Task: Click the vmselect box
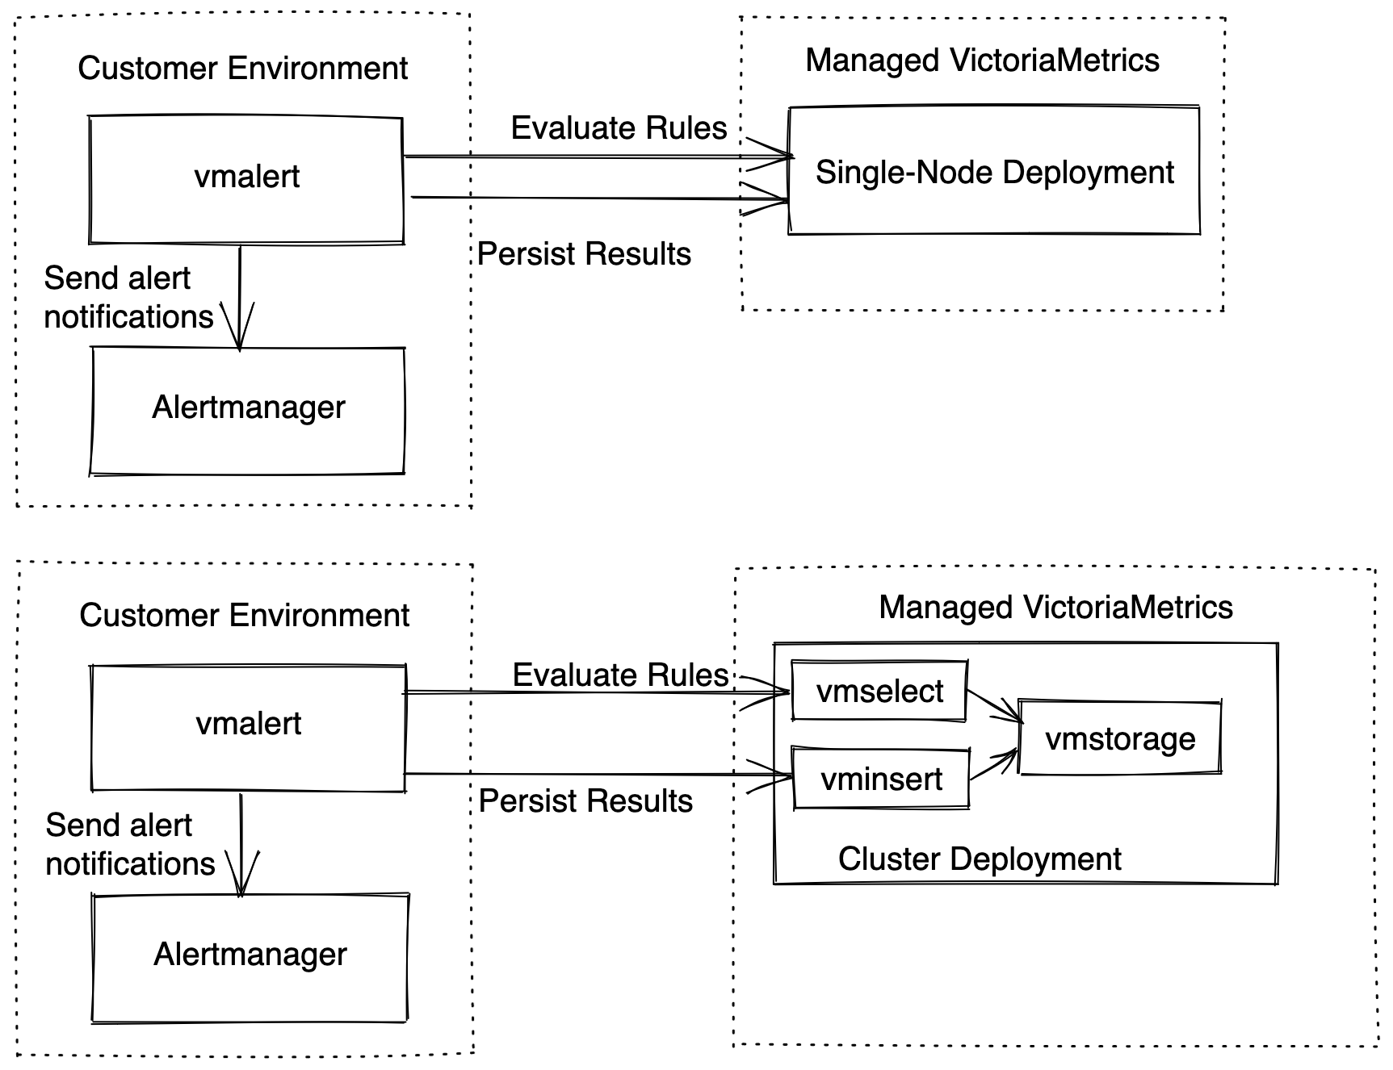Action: (879, 691)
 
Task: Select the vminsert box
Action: (881, 779)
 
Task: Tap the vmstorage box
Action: (1120, 738)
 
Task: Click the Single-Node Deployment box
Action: (994, 170)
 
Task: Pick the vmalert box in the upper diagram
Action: (246, 179)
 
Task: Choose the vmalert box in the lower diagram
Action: (248, 727)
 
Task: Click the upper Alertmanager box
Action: (247, 411)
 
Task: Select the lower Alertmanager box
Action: (250, 958)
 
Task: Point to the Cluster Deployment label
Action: (980, 859)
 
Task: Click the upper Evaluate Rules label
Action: (619, 128)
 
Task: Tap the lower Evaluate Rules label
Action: (620, 675)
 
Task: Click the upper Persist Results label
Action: (584, 254)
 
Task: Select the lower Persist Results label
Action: (585, 801)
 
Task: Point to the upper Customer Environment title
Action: (242, 69)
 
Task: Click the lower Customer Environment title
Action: (244, 616)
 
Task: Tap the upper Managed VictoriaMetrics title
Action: (982, 61)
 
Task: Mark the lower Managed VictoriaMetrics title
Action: (1055, 608)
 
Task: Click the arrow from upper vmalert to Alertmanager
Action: (240, 297)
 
